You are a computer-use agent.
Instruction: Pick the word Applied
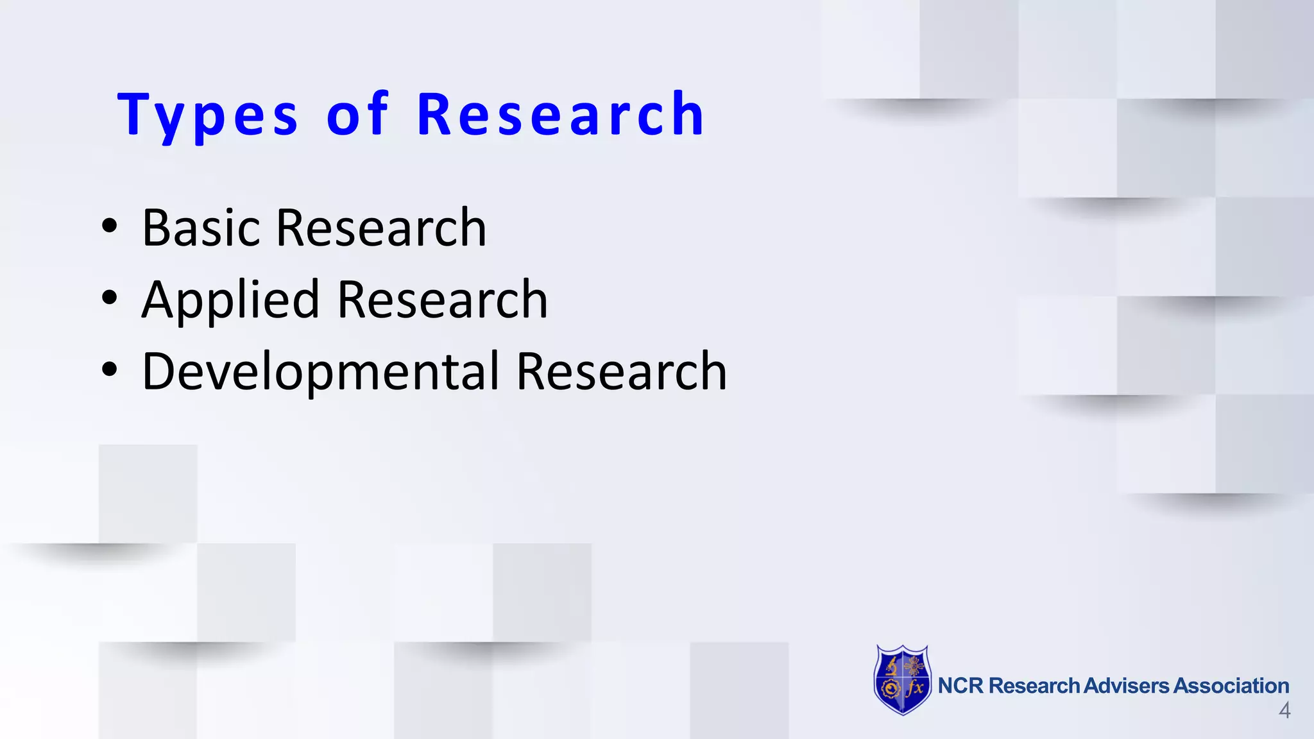coord(230,300)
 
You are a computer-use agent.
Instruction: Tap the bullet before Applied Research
coord(110,298)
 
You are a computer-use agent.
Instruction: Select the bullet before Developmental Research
coord(110,370)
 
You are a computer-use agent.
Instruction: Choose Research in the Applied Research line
coord(442,300)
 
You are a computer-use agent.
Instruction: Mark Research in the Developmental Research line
coord(621,371)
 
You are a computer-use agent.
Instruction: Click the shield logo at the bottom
coord(903,680)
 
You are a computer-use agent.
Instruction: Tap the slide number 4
coord(1284,711)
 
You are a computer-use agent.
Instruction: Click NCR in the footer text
coord(960,686)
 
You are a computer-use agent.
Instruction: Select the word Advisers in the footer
coord(1127,686)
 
